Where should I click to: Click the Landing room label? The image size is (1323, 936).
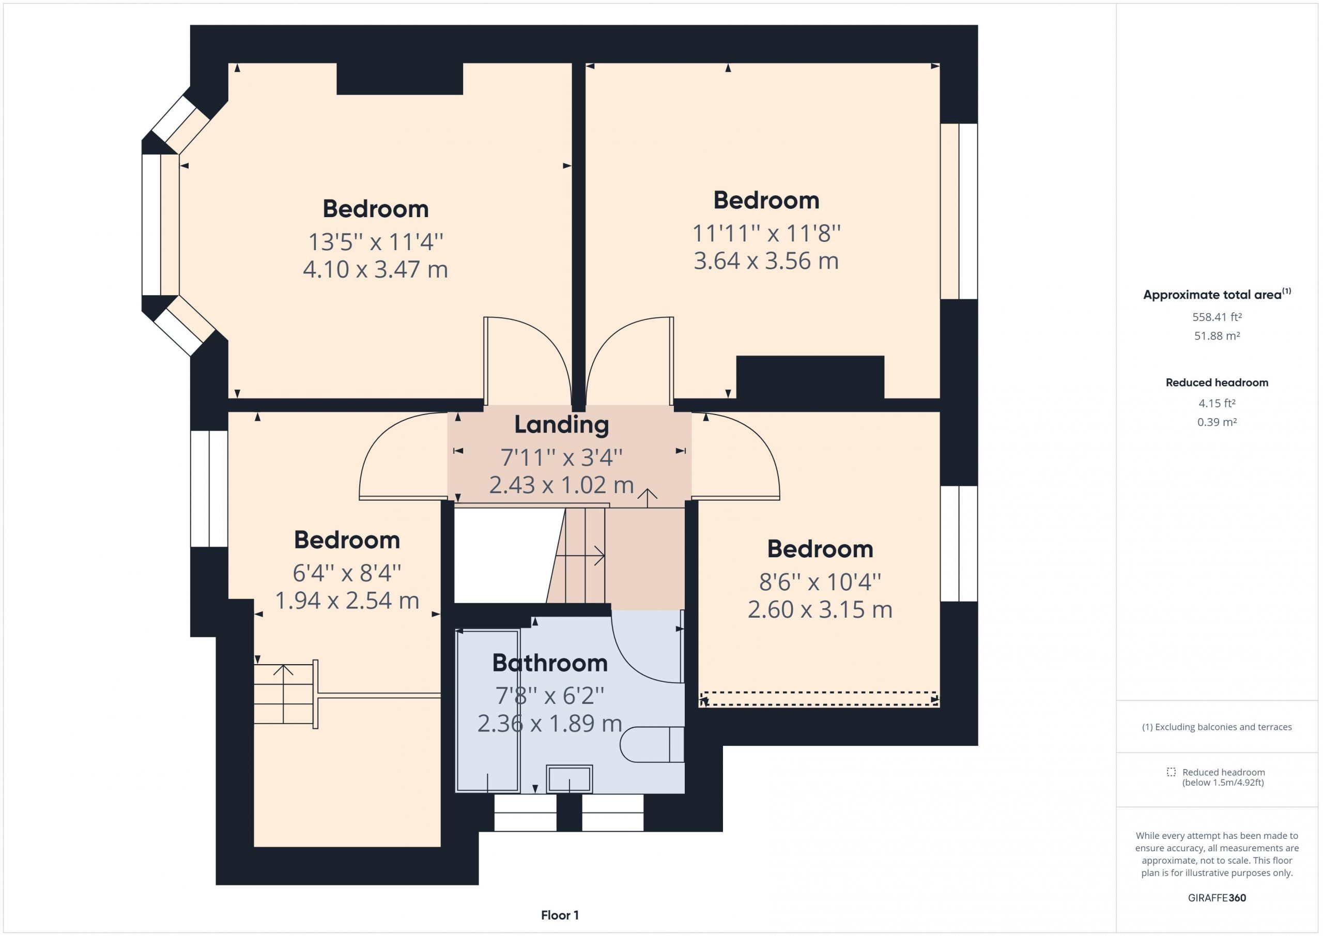click(x=561, y=425)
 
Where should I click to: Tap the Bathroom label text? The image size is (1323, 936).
click(x=550, y=664)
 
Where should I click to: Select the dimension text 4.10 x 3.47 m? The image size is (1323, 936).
click(x=375, y=270)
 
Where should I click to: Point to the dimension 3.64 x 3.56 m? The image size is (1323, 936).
click(x=766, y=261)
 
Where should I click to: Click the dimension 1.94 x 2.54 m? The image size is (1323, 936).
click(x=347, y=601)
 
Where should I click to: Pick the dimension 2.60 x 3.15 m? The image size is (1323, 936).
click(x=820, y=610)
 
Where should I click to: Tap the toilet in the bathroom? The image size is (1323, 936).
click(x=652, y=745)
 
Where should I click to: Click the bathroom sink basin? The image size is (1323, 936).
click(x=570, y=779)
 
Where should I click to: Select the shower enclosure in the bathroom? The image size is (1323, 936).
click(x=487, y=711)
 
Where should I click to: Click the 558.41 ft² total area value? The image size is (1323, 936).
click(x=1217, y=317)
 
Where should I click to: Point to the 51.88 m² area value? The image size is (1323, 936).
click(x=1217, y=335)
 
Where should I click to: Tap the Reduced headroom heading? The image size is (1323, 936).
click(x=1217, y=382)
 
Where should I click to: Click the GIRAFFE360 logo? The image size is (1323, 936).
click(x=1217, y=897)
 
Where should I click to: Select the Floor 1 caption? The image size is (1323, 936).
click(x=560, y=915)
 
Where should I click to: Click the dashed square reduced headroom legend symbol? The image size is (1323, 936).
click(x=1171, y=772)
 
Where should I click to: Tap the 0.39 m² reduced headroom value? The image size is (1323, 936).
click(x=1217, y=422)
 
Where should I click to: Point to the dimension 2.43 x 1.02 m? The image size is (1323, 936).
click(x=561, y=485)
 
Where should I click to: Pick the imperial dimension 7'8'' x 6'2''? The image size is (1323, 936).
click(x=550, y=696)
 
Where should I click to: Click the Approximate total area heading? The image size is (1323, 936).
click(x=1217, y=295)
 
